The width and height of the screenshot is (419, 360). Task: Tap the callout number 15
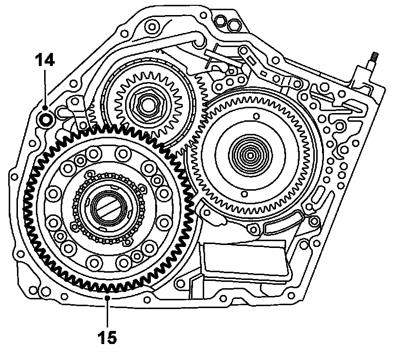(108, 337)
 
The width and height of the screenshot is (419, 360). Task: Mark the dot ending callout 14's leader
(45, 107)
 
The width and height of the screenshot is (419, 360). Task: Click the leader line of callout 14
(45, 87)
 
